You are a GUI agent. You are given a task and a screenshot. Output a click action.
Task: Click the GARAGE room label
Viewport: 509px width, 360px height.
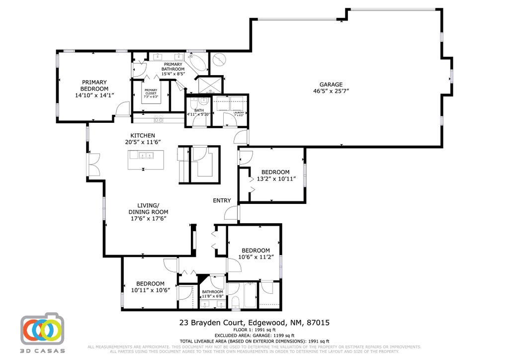pos(331,85)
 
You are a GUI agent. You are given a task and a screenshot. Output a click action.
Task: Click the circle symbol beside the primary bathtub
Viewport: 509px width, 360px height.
pos(218,60)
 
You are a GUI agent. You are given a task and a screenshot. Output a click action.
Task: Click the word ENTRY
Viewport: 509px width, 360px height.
pos(222,200)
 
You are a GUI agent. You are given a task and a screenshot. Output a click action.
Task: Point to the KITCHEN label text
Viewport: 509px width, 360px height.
pos(143,135)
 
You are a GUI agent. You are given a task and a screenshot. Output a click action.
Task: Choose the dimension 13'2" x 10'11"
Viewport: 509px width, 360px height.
pos(275,179)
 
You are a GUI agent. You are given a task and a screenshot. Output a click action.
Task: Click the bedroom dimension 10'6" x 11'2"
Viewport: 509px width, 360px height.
pos(255,257)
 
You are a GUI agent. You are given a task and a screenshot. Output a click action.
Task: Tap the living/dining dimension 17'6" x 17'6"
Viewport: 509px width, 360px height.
pos(148,218)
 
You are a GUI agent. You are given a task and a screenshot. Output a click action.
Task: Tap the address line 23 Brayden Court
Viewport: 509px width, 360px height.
pos(254,323)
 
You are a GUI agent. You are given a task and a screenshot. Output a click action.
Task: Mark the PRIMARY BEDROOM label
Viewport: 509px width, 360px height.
pos(94,85)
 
